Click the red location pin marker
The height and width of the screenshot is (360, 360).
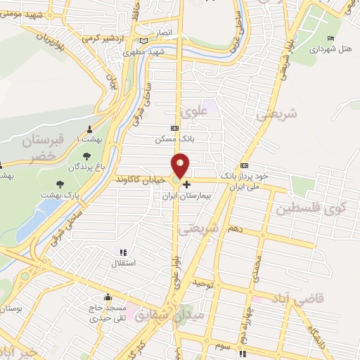tap(181, 165)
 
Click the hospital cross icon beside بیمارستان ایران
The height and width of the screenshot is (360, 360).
tap(186, 185)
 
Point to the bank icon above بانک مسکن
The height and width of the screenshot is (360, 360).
tap(174, 128)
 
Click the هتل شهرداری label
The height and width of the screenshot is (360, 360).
tap(331, 49)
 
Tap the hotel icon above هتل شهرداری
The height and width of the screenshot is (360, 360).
tap(331, 38)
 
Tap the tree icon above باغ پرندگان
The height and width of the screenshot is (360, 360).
tap(86, 156)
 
